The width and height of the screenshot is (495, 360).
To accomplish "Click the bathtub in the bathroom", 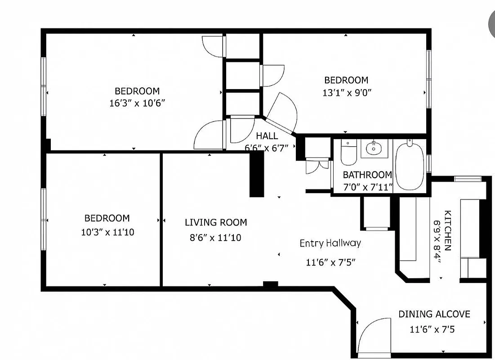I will [409, 166].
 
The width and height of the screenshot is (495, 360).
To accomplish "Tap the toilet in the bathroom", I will [348, 153].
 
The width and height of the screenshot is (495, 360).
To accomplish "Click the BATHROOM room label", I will [367, 175].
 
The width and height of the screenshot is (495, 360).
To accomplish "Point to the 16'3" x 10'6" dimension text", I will [137, 103].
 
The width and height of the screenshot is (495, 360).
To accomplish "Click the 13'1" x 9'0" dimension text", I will [346, 93].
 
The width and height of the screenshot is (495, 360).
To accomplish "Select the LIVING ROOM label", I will [216, 222].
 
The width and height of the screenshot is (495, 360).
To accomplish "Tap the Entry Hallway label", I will [330, 243].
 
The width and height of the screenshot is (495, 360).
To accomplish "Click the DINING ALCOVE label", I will [434, 314].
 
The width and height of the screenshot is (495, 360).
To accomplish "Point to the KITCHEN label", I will [448, 230].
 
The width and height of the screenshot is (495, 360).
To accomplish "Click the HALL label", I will [267, 136].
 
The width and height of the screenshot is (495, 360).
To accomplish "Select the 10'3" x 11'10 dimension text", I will [107, 233].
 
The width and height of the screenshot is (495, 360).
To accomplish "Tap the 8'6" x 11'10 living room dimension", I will [215, 237].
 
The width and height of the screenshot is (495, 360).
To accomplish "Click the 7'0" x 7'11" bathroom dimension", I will [367, 186].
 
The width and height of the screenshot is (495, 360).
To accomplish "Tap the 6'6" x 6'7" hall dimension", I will [267, 147].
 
